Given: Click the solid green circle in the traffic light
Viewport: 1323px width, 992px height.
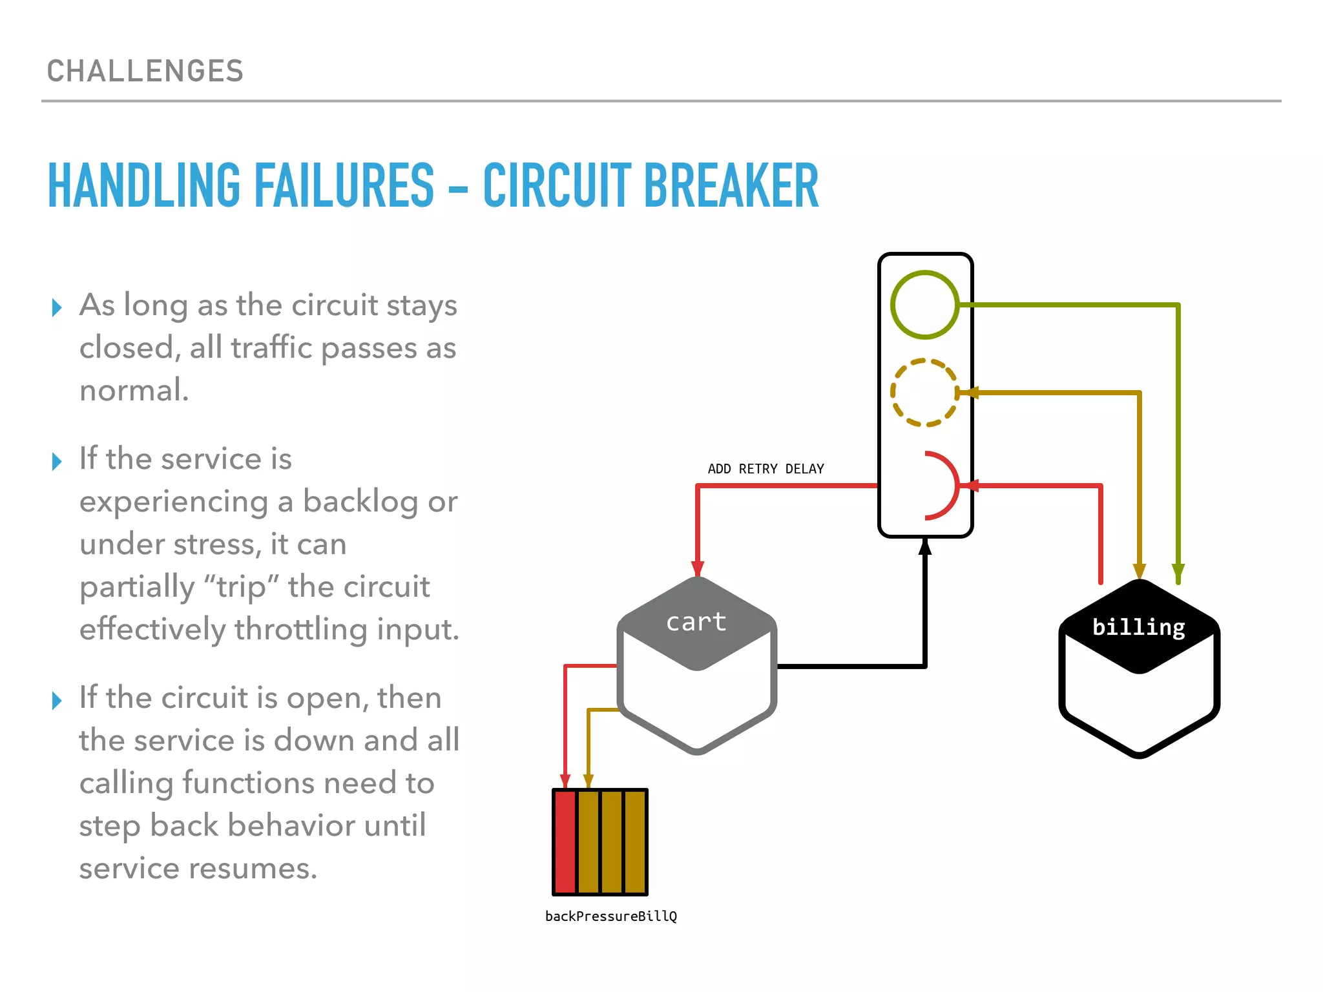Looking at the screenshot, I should (924, 304).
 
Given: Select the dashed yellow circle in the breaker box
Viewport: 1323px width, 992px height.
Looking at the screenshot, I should (924, 393).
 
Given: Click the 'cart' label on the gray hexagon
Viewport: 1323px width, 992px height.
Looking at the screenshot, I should (696, 622).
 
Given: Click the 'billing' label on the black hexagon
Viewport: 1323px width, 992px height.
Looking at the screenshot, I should (1138, 627).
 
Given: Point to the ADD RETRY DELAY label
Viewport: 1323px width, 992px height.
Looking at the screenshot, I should (766, 469).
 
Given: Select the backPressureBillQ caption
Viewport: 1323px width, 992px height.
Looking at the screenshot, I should (610, 916).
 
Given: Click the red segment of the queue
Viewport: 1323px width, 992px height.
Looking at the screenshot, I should (565, 842).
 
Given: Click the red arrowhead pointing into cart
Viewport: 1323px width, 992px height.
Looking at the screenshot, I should (698, 568).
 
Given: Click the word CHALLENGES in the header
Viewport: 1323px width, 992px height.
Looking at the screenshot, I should (145, 71).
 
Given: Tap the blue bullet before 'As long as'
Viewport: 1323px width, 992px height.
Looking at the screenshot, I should (57, 307).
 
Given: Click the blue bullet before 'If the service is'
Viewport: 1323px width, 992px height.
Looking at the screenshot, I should (57, 461).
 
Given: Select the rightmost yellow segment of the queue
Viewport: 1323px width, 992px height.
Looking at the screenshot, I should (634, 842).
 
